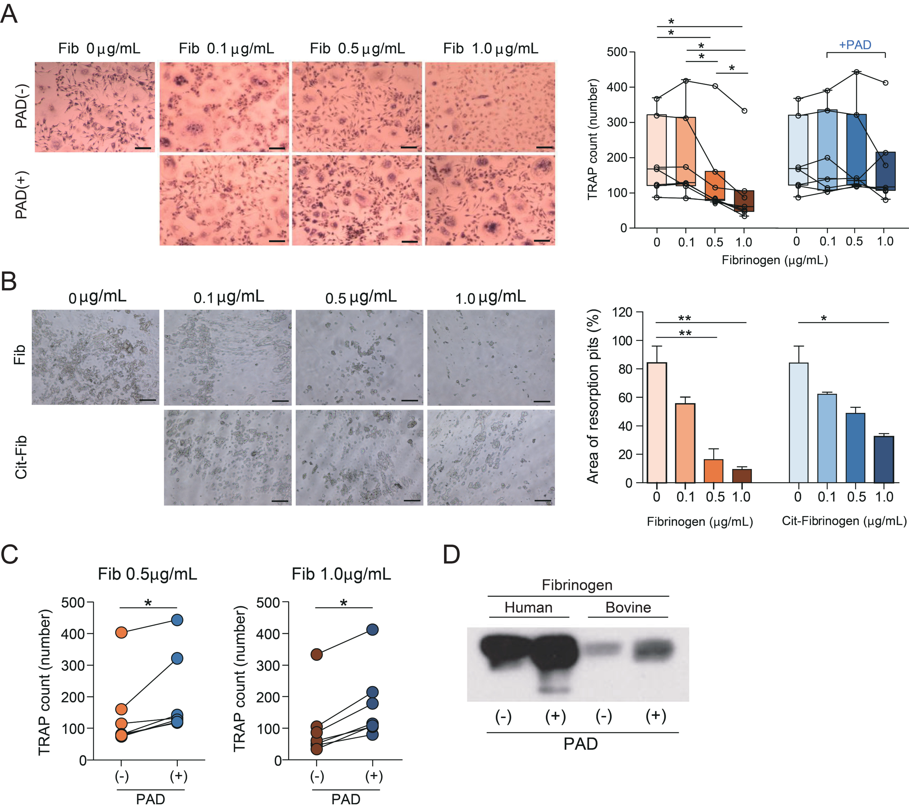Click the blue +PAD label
point(855,45)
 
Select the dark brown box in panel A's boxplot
point(744,201)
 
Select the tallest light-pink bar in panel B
point(656,423)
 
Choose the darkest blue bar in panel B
point(884,459)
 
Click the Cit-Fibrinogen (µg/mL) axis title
point(844,521)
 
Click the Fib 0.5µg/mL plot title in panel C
point(147,574)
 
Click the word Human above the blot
point(528,607)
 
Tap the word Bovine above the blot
point(628,607)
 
